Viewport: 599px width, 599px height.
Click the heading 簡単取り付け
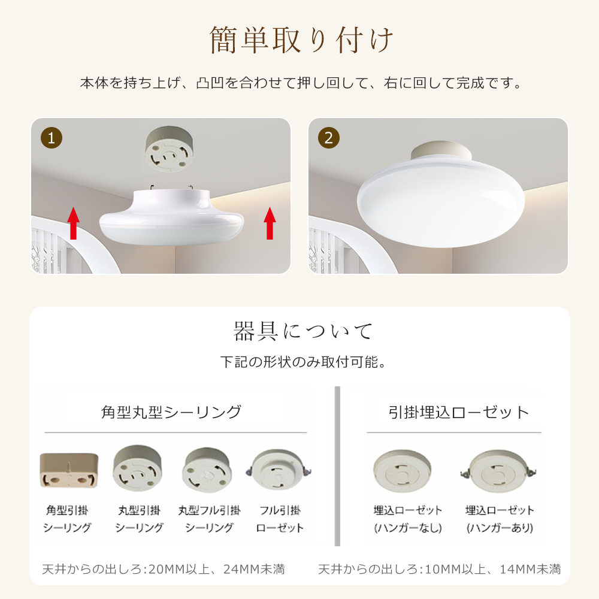coord(301,41)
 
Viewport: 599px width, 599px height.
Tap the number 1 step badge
coord(52,138)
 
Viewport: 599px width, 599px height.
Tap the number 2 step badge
coord(329,138)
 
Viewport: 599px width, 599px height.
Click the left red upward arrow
coord(73,223)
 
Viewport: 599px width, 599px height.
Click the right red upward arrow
coord(270,223)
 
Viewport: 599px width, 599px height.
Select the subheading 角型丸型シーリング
coord(171,412)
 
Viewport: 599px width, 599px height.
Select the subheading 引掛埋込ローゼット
coord(459,412)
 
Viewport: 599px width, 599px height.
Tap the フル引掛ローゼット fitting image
coord(280,471)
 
